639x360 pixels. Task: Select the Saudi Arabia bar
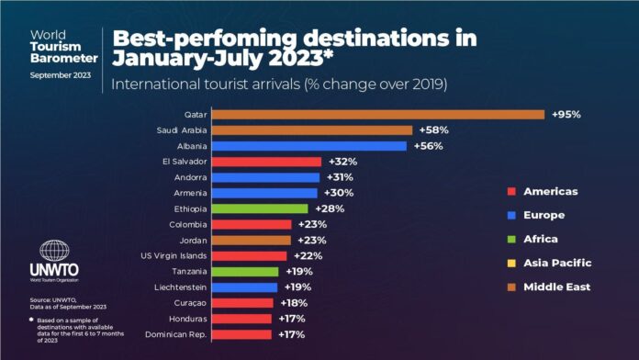coord(311,130)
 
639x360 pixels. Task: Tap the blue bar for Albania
coord(308,146)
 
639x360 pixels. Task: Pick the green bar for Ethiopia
coord(260,208)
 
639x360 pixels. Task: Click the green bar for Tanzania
coord(245,272)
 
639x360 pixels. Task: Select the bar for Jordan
coord(252,240)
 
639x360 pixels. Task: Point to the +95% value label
coord(566,114)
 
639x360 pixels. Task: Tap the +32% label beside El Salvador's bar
coord(342,162)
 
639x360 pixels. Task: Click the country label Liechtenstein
coord(177,287)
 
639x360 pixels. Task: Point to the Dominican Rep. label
coord(175,334)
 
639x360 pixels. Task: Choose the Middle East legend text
coord(556,287)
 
